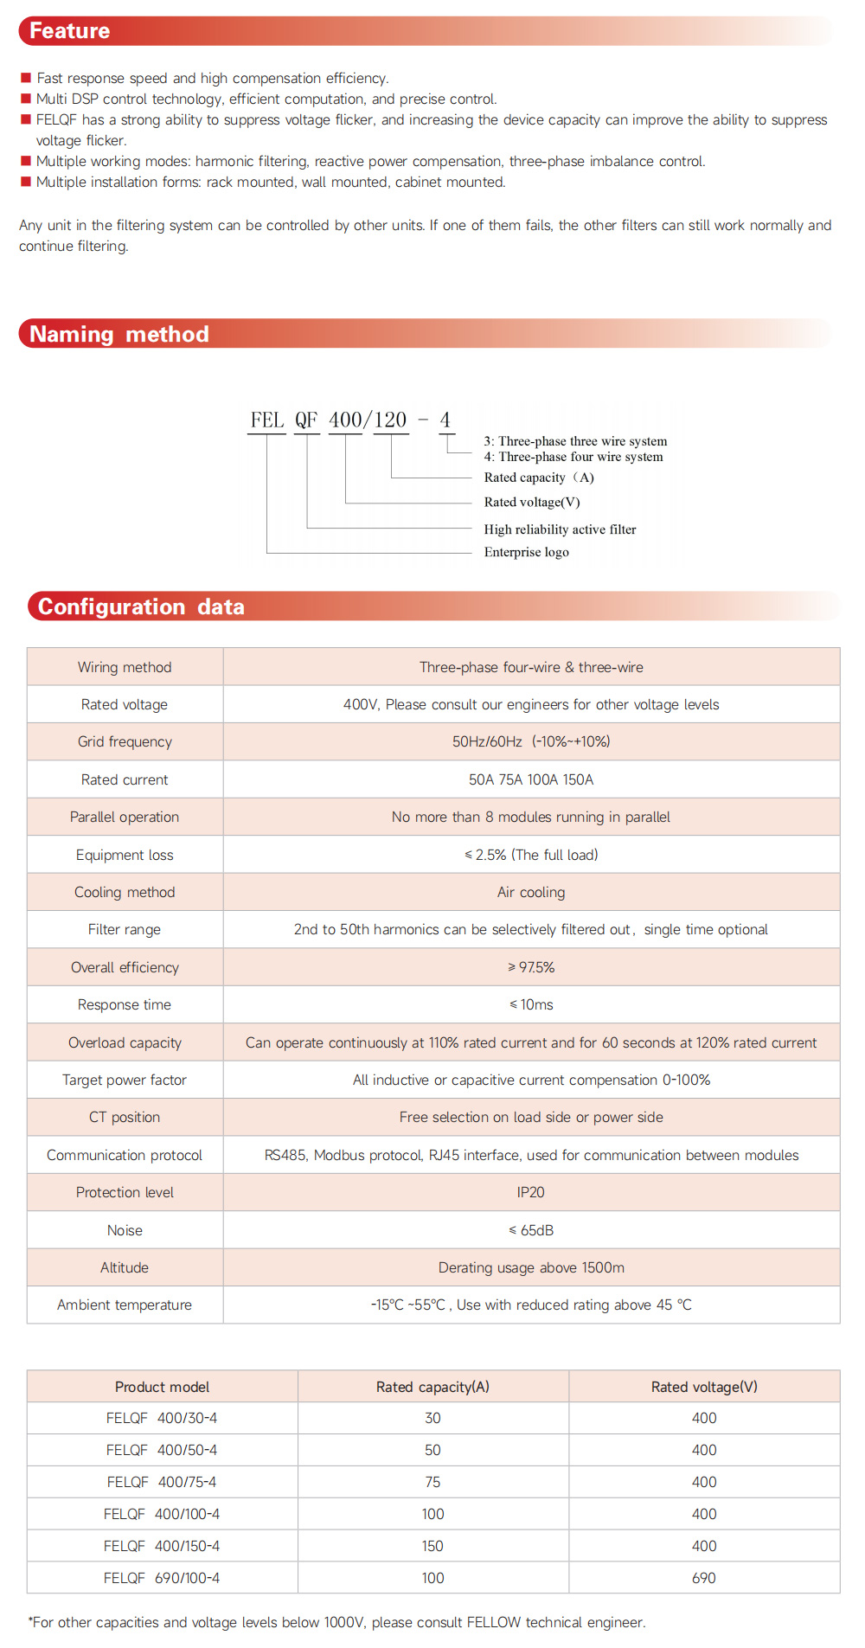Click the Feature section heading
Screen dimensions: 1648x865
click(70, 31)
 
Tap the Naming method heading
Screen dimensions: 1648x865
click(119, 334)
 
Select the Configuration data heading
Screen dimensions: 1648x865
click(141, 606)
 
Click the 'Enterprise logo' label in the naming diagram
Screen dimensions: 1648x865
click(526, 552)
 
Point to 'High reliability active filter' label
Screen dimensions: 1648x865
click(560, 529)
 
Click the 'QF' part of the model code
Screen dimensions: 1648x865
click(306, 420)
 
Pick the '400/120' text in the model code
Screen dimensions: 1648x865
click(368, 420)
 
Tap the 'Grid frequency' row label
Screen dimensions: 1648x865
click(125, 741)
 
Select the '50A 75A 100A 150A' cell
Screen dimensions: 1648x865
click(531, 779)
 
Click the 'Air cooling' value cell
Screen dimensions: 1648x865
click(531, 892)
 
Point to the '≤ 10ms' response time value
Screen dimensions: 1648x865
click(531, 1004)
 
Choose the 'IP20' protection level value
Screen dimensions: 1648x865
click(531, 1192)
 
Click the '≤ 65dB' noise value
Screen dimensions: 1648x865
click(531, 1230)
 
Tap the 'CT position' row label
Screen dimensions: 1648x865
click(125, 1117)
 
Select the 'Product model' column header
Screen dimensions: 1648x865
click(162, 1387)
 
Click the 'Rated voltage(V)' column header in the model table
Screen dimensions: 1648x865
click(704, 1387)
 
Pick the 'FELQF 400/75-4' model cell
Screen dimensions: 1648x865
click(162, 1482)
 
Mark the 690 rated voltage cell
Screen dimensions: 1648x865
click(704, 1578)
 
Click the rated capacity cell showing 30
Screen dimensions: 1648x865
click(432, 1418)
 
